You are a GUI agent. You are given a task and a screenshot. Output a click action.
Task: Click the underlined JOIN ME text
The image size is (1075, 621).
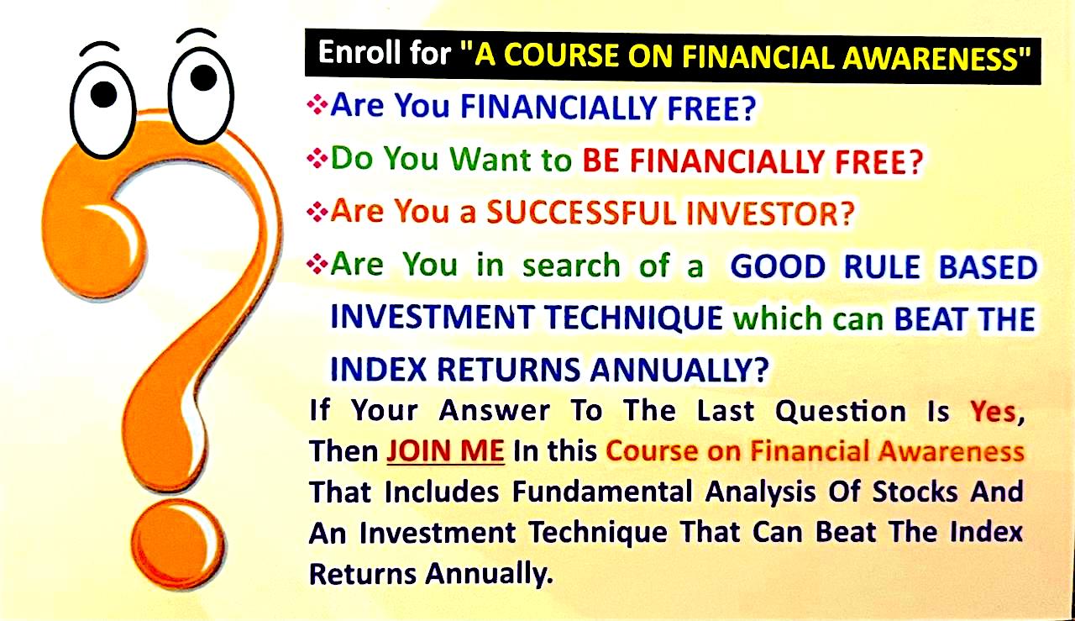tap(445, 451)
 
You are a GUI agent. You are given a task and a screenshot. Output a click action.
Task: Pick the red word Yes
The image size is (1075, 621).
tap(996, 412)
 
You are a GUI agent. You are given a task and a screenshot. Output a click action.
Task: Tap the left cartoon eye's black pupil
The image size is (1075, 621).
tap(103, 95)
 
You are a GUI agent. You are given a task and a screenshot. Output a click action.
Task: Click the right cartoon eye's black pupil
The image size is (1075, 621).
tap(203, 78)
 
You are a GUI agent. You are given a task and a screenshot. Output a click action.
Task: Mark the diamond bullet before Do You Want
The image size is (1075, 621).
tap(317, 159)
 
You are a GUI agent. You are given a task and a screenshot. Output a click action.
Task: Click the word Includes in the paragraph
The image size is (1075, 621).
tap(442, 492)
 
